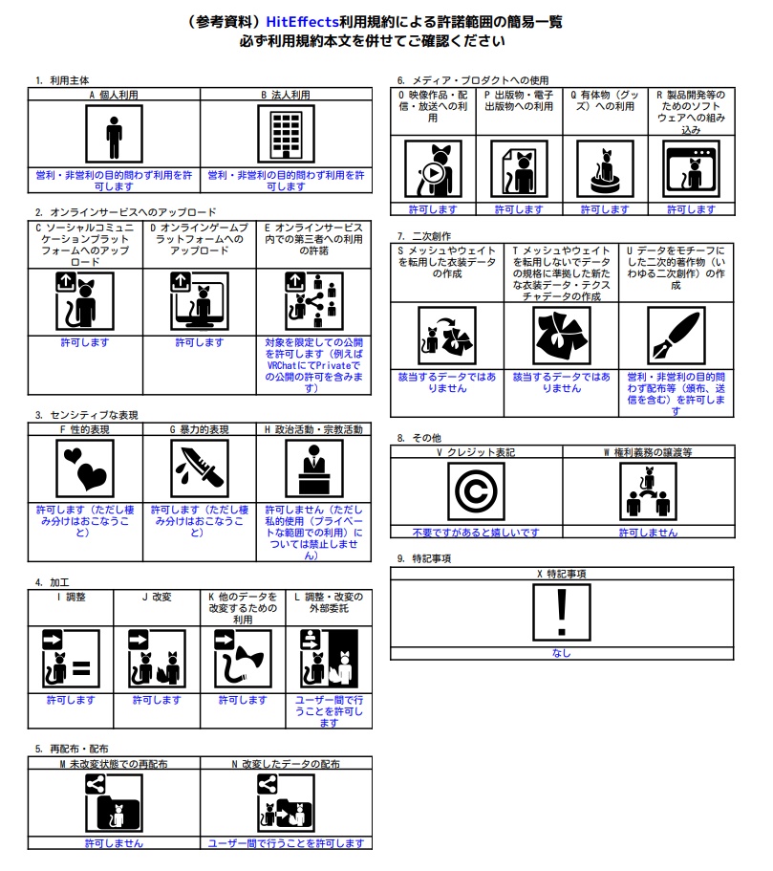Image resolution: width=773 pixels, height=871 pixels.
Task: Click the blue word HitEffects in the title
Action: (x=302, y=22)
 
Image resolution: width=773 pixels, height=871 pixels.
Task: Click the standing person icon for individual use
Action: (x=114, y=135)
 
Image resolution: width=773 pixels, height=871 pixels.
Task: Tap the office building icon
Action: (x=286, y=135)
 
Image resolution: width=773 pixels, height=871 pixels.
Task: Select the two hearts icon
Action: (x=85, y=468)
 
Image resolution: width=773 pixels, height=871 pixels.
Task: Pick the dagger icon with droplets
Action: (x=200, y=468)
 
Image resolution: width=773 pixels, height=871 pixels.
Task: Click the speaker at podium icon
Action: (x=313, y=468)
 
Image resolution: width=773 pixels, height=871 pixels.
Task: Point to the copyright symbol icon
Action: (x=476, y=491)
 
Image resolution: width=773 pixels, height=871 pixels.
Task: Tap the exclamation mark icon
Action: (x=562, y=612)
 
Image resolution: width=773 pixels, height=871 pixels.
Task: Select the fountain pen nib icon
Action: (x=676, y=337)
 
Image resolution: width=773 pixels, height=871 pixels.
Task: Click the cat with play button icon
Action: (x=433, y=169)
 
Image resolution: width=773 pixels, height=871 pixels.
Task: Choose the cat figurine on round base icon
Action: (x=605, y=169)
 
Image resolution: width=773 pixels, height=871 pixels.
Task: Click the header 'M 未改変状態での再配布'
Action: (x=114, y=764)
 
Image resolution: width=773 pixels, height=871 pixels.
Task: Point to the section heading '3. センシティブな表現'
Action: (x=86, y=415)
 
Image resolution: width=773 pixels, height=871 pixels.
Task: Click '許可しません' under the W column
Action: (x=648, y=533)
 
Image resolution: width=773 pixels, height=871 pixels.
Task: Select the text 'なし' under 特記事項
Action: (x=562, y=653)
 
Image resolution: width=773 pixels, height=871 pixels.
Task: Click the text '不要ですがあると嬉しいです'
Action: (x=476, y=533)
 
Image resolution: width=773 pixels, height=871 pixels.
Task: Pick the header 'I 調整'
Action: (x=71, y=598)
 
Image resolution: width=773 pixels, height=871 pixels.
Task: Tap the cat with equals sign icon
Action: (x=71, y=659)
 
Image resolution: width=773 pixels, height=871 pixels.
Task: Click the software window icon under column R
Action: (x=691, y=169)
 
